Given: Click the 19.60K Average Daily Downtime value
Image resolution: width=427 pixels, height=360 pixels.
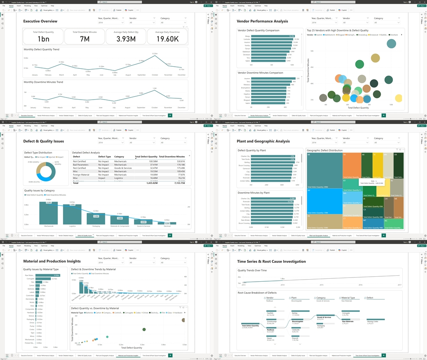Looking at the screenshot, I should (168, 39).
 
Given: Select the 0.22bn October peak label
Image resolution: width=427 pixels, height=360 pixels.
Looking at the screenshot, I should (155, 54).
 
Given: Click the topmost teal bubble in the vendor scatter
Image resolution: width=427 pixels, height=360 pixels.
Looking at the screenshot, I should (392, 43).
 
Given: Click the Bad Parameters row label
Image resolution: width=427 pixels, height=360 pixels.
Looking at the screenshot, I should (80, 165).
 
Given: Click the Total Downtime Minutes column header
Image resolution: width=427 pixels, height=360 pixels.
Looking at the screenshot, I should (172, 157).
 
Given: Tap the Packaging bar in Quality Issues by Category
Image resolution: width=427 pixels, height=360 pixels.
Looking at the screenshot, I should (96, 219).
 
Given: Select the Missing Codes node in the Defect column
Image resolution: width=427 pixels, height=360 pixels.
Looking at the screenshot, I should (373, 322).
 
